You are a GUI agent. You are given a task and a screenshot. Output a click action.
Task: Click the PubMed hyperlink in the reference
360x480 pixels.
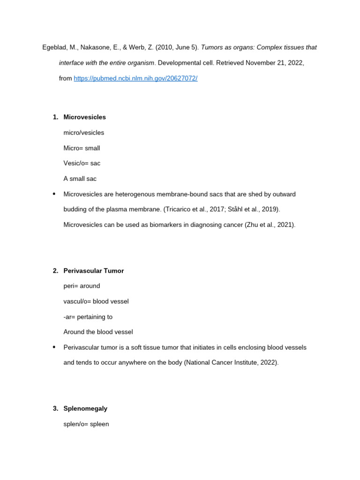pyautogui.click(x=135, y=78)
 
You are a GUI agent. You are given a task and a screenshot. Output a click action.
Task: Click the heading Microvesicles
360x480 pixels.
pyautogui.click(x=84, y=117)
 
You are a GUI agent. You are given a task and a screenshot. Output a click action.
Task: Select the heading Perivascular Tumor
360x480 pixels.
pyautogui.click(x=93, y=271)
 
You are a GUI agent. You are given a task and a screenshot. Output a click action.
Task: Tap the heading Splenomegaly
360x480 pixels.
pyautogui.click(x=85, y=409)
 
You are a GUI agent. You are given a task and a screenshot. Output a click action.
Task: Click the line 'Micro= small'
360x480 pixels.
pyautogui.click(x=82, y=148)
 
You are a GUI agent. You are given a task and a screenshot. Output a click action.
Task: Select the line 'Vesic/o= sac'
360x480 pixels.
pyautogui.click(x=82, y=164)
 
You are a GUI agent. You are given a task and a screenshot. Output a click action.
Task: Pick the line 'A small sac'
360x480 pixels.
pyautogui.click(x=80, y=179)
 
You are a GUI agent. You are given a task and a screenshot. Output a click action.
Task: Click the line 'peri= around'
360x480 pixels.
pyautogui.click(x=82, y=286)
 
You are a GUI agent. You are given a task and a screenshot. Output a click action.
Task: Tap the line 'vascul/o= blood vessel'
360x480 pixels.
pyautogui.click(x=96, y=301)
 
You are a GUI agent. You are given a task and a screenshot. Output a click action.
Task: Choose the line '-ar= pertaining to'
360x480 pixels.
pyautogui.click(x=88, y=317)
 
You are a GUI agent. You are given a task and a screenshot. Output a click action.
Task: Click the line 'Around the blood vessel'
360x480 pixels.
pyautogui.click(x=98, y=332)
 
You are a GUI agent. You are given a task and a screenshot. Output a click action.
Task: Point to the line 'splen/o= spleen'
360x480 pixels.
pyautogui.click(x=86, y=424)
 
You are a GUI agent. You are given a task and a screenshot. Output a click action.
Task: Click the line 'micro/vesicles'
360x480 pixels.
pyautogui.click(x=83, y=133)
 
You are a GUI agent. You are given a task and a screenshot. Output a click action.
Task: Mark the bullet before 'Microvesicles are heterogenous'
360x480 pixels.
pyautogui.click(x=54, y=194)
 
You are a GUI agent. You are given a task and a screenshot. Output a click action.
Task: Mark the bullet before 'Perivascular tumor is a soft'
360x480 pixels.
pyautogui.click(x=54, y=347)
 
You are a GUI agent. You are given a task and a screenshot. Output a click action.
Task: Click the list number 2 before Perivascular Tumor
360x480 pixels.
pyautogui.click(x=55, y=271)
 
